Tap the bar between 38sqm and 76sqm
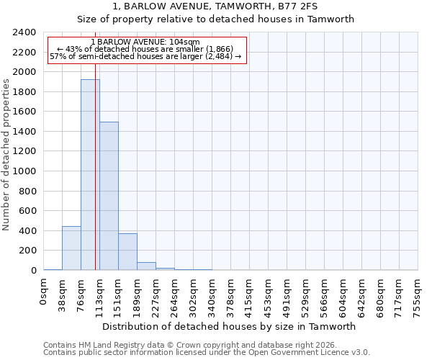tap(71, 248)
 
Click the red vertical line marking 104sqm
tap(95, 180)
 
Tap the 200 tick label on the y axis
tap(28, 251)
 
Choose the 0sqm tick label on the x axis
tap(44, 291)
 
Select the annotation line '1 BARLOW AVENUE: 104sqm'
tap(147, 42)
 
